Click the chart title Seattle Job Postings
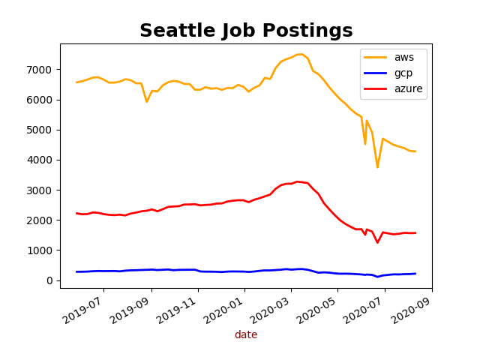click(246, 31)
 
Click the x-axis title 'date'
click(246, 335)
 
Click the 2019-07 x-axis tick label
click(83, 307)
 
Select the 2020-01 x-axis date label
click(224, 307)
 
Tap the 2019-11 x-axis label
click(178, 307)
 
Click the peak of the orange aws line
click(300, 54)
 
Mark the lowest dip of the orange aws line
click(377, 166)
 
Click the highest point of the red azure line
click(297, 181)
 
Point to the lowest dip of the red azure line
click(377, 242)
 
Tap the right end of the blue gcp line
click(415, 274)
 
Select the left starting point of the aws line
click(76, 82)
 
